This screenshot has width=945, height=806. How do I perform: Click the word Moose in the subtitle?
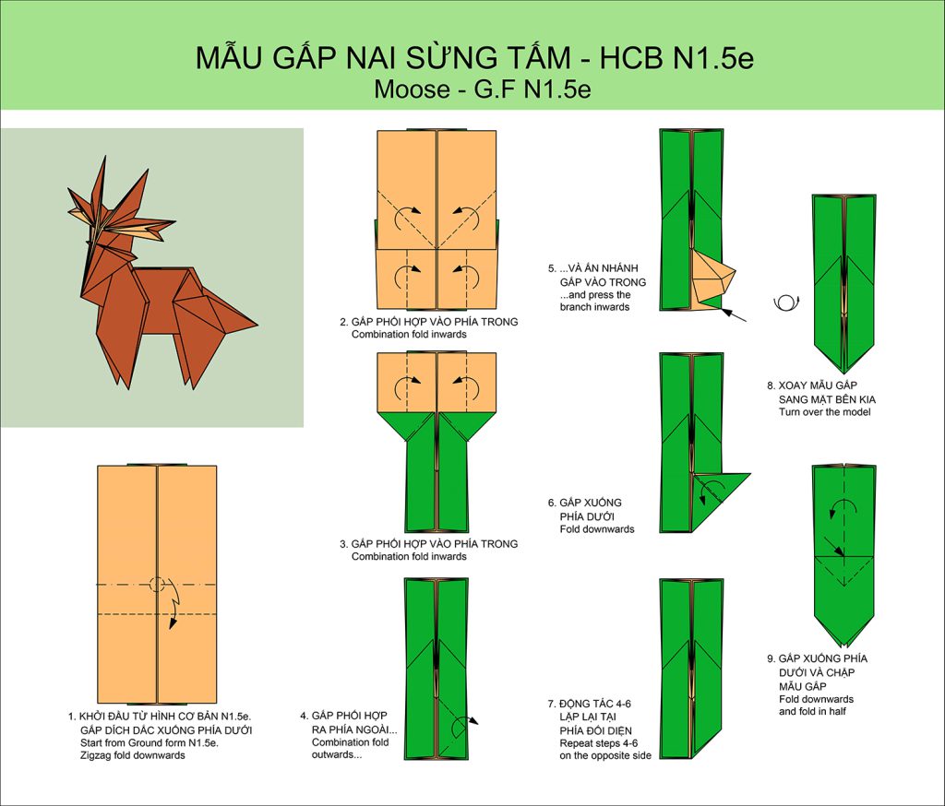coord(412,89)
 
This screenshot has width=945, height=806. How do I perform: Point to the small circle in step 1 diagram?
coord(157,585)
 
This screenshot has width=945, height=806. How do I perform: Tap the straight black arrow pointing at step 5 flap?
coord(734,315)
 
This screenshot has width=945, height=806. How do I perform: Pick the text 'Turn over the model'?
coord(824,412)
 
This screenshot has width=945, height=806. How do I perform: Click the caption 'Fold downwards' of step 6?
coord(597,529)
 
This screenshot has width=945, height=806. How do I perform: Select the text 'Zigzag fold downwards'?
coord(133,755)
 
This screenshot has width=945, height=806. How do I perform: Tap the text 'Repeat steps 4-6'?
coord(598,743)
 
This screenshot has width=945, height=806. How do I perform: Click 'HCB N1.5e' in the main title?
coord(676,58)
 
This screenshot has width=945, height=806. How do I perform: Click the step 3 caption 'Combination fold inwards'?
coord(409,557)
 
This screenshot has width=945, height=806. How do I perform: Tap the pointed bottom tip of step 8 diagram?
coord(844,373)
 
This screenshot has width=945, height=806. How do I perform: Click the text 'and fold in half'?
coord(812,711)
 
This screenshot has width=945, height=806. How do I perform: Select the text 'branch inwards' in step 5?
coord(594,306)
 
